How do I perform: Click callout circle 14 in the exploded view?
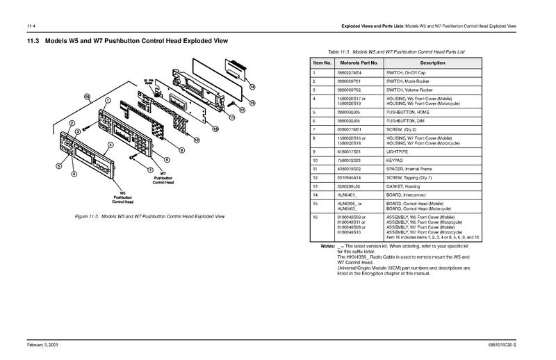pyautogui.click(x=252, y=87)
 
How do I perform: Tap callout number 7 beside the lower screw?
pyautogui.click(x=151, y=169)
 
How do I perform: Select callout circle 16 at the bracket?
pyautogui.click(x=88, y=95)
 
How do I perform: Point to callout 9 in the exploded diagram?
pyautogui.click(x=181, y=151)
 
